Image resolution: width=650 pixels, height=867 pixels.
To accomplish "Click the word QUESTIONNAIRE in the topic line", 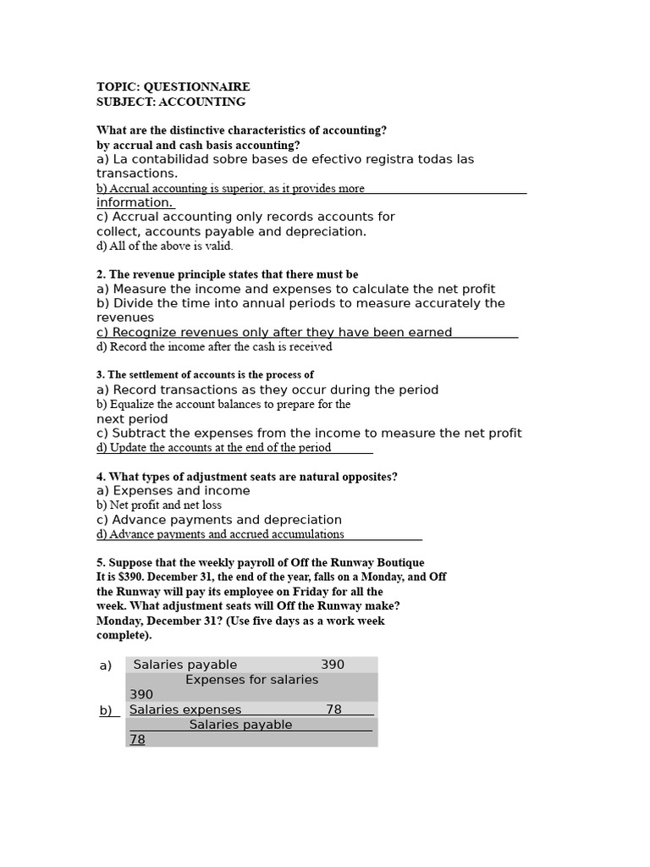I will coord(196,87).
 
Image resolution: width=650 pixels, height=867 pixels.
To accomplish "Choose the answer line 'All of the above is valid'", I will coord(164,246).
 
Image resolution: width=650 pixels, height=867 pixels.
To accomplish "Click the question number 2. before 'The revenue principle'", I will coord(102,274).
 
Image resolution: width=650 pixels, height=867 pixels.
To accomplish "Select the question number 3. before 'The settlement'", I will coord(101,375).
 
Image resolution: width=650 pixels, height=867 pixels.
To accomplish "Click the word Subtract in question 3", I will coord(140,433).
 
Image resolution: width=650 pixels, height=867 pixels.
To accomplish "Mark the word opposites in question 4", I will coord(371,477).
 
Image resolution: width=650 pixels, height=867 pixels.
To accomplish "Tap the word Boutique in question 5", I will coord(398,562).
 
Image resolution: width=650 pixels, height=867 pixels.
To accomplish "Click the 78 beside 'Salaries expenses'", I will coord(333,710).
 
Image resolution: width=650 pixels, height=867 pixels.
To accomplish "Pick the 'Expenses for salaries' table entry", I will coord(251,679).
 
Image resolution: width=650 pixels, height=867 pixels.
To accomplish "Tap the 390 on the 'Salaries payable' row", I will coord(332,665).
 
